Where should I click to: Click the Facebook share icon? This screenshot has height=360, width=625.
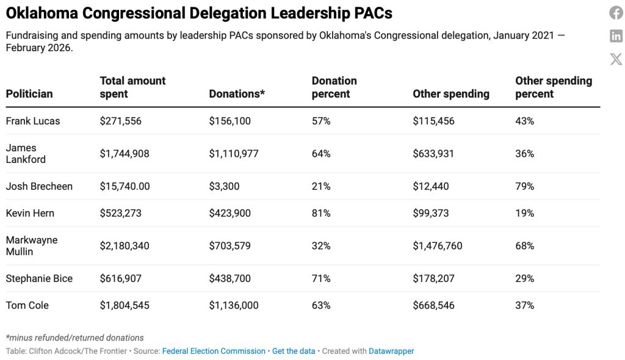[616, 13]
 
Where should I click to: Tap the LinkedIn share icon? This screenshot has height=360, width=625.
[616, 36]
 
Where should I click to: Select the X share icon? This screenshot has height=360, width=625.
[616, 59]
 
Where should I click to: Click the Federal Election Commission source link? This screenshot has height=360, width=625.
[214, 351]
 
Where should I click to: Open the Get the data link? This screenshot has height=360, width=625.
[294, 351]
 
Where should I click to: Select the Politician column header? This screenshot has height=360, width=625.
[29, 94]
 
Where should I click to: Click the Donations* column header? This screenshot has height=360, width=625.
[237, 94]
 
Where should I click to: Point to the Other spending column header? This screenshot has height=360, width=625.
[451, 94]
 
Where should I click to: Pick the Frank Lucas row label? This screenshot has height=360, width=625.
[33, 121]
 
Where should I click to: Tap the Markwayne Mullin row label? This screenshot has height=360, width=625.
[32, 245]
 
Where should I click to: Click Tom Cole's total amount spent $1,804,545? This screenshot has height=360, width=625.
[125, 305]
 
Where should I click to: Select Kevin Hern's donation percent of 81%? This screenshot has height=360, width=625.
[321, 213]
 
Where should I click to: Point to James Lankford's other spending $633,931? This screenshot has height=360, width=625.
[433, 154]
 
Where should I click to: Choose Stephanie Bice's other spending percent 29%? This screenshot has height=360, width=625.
[524, 278]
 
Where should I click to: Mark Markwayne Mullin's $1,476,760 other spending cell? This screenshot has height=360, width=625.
[437, 246]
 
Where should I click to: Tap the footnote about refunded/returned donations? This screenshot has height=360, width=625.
[74, 337]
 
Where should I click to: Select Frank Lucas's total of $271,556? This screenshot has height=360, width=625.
[120, 121]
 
